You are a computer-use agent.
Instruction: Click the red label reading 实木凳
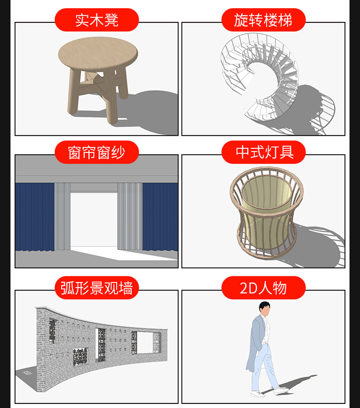coord(97,20)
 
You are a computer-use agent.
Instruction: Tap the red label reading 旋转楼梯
coord(263,20)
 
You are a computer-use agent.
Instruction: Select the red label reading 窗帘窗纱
coord(97,152)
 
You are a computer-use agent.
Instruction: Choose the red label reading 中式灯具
coord(263,152)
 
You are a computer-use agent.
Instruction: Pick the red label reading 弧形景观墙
coord(97,288)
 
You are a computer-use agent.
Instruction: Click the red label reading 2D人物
coord(263,288)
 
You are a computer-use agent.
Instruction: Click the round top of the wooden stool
coord(98,53)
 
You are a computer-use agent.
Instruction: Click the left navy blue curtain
coord(35,217)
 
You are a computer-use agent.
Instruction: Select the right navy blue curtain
coord(160,217)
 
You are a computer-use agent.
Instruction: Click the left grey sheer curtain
coord(62,217)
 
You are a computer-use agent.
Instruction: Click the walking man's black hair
coord(264,306)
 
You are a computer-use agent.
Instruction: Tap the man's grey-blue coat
coord(256,341)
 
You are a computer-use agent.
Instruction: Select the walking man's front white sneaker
coord(281,390)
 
